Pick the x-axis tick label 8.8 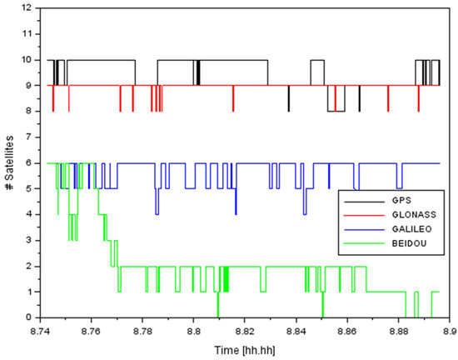pyautogui.click(x=193, y=329)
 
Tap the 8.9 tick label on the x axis pyautogui.click(x=450, y=329)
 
